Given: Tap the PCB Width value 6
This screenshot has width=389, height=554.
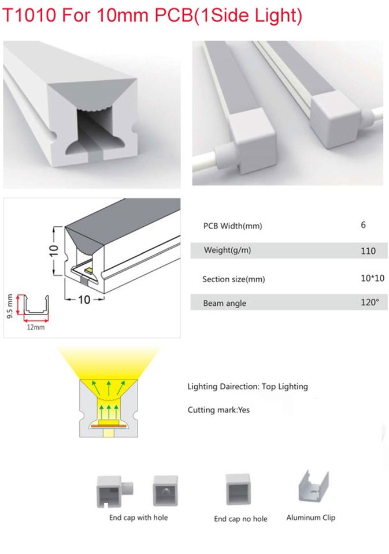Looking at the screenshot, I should (363, 224).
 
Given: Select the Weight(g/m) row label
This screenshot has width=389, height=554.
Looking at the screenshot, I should (227, 250).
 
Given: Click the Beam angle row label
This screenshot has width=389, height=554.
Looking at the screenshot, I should (224, 303).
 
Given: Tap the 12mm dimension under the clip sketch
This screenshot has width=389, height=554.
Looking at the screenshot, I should (35, 327).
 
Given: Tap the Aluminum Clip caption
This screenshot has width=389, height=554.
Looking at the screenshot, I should (310, 518).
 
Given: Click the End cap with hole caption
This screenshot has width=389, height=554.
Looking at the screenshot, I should (138, 518).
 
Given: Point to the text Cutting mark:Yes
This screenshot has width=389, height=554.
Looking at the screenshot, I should (218, 410).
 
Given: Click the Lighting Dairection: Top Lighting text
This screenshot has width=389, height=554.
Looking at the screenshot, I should (247, 386).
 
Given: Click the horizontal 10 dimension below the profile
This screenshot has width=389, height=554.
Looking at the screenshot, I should (84, 300).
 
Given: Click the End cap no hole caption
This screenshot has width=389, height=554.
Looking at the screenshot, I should (240, 519).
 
